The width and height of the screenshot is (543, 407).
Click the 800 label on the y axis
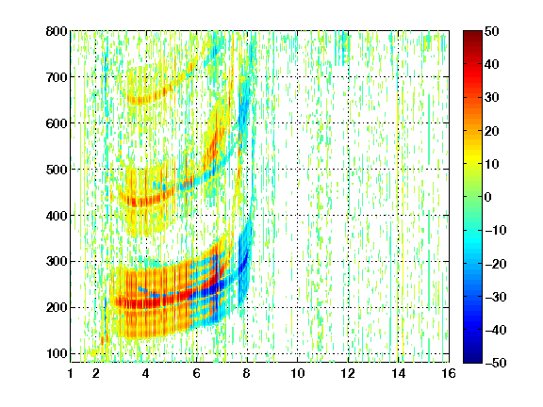[57, 31]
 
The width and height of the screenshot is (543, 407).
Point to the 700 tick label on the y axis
[57, 77]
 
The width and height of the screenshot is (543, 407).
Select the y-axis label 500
[57, 170]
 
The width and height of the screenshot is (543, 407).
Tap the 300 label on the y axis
[57, 262]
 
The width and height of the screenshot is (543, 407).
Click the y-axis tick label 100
[57, 353]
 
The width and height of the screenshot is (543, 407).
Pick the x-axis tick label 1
[71, 373]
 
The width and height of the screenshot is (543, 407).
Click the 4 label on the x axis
[146, 373]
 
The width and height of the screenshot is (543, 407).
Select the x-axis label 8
[247, 373]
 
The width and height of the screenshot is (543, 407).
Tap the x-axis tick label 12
[348, 373]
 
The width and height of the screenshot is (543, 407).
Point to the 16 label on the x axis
[449, 373]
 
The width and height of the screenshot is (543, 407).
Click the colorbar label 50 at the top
[492, 31]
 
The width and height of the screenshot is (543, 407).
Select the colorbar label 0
[488, 197]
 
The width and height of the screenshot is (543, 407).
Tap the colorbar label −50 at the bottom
[496, 363]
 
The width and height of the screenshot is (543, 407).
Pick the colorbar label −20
[496, 264]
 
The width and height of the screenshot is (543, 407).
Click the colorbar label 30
[492, 98]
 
